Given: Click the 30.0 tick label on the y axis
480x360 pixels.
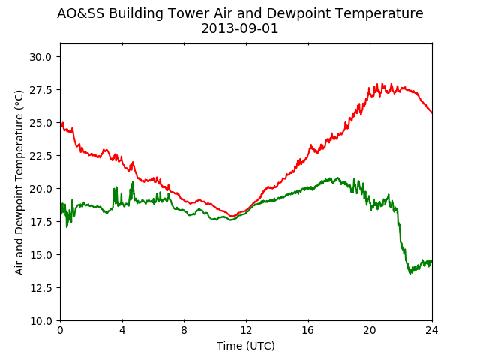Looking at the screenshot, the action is (40, 57).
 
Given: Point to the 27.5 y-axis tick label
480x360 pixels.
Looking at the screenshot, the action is (40, 90).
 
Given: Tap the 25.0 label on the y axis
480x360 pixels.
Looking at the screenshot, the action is (40, 123).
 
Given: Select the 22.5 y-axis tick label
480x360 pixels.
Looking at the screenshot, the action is (40, 156).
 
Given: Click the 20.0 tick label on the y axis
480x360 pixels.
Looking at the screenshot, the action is (40, 189).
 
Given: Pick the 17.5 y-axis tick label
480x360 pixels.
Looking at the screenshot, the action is (40, 222).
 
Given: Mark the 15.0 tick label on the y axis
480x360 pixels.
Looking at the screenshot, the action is (40, 255).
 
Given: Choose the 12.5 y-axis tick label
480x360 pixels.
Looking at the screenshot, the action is (40, 288).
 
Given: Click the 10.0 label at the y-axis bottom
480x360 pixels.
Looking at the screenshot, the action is (40, 321).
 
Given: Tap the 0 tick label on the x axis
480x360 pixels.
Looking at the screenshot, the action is (60, 330).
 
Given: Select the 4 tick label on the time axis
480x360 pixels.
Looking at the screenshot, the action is (122, 330).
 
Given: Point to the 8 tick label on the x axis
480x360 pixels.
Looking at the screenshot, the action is (184, 330).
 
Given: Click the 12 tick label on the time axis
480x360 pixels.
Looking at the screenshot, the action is (246, 330).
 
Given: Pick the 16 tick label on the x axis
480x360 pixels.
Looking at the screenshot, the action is (308, 330).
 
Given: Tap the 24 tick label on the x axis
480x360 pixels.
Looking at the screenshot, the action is (432, 330).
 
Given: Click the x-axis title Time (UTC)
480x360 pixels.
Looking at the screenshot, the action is (246, 346).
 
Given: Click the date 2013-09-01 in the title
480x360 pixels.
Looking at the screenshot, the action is (240, 28).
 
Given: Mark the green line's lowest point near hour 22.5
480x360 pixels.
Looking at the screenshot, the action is (410, 273).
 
